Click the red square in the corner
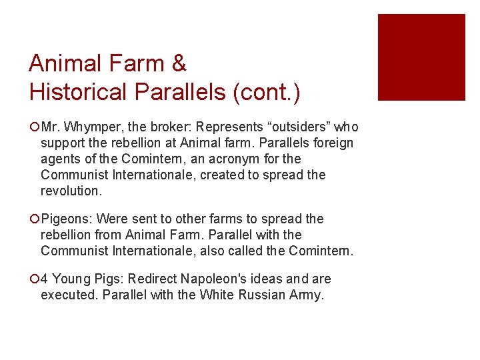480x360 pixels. click(421, 57)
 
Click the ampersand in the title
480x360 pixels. click(179, 64)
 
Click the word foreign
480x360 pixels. click(331, 143)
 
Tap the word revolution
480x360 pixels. click(71, 191)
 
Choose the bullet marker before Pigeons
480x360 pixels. click(34, 219)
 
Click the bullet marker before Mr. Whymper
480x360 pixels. click(34, 127)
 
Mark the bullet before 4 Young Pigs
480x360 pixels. click(34, 279)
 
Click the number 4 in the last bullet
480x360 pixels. click(45, 279)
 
